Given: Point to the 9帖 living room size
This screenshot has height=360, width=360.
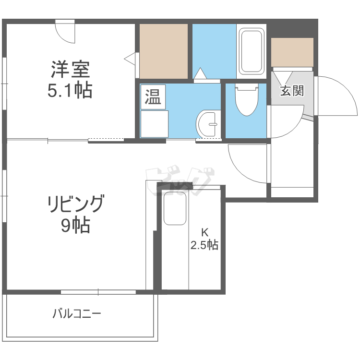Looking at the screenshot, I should pyautogui.click(x=75, y=226).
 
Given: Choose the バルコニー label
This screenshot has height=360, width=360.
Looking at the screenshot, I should pyautogui.click(x=77, y=314).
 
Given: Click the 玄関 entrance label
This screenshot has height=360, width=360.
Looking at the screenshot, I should pyautogui.click(x=292, y=91).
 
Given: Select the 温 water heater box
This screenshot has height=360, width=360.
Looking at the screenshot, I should pyautogui.click(x=153, y=97).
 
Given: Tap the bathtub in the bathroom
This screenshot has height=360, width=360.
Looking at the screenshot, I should pyautogui.click(x=252, y=51).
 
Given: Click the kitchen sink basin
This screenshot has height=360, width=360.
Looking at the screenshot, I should pyautogui.click(x=175, y=208).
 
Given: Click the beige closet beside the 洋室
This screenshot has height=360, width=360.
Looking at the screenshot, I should pyautogui.click(x=163, y=50).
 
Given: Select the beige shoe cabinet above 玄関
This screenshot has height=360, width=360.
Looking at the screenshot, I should pyautogui.click(x=292, y=52).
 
